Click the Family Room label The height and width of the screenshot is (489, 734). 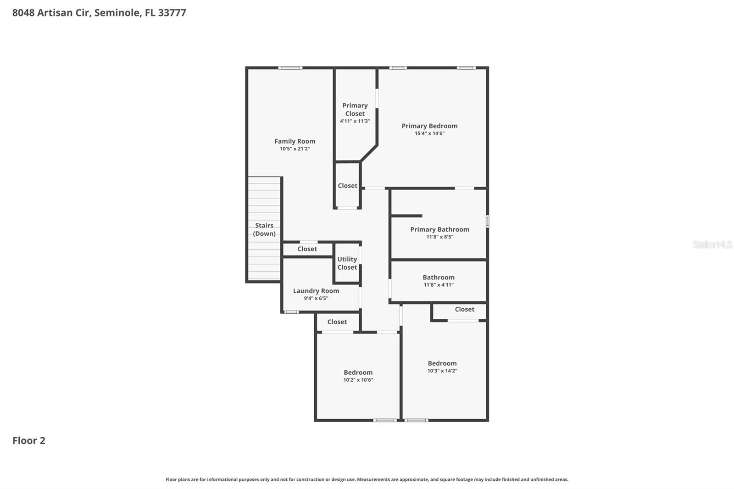[x=295, y=141]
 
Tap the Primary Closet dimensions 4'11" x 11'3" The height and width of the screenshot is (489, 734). [x=355, y=121]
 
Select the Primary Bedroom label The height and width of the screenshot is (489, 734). [x=429, y=126]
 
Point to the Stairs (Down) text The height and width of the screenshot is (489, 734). [x=264, y=229]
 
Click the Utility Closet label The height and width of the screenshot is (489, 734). [x=347, y=263]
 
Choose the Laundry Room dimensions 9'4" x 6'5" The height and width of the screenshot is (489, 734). [x=316, y=298]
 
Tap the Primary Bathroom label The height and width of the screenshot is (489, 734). [x=439, y=229]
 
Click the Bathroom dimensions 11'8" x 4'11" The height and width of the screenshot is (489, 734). [x=439, y=285]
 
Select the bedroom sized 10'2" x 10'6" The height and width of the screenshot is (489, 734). [x=358, y=376]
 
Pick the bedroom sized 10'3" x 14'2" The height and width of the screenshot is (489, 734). [x=442, y=367]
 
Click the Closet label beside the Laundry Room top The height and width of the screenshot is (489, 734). [x=307, y=249]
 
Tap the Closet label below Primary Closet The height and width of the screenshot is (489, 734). [x=347, y=186]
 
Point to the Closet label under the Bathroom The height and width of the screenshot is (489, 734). [x=464, y=310]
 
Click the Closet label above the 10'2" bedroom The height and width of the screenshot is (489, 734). [x=337, y=322]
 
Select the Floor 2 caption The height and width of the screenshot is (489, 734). [x=28, y=440]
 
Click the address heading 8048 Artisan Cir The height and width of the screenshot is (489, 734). [x=99, y=13]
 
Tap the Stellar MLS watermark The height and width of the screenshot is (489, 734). [x=712, y=244]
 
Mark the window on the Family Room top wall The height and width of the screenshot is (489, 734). [x=290, y=68]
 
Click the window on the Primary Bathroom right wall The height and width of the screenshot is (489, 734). [x=487, y=221]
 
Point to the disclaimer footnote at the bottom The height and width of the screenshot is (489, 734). [x=367, y=479]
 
